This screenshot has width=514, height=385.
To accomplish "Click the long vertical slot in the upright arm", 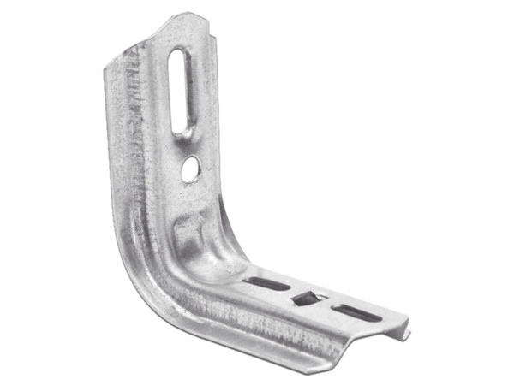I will click(x=179, y=92).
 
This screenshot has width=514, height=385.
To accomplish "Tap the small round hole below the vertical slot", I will click(x=190, y=169).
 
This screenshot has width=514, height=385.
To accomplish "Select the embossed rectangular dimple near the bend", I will click(x=189, y=230).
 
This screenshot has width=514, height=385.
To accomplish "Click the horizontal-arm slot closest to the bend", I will click(x=266, y=283).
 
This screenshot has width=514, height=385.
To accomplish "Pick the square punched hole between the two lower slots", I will click(x=308, y=299).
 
